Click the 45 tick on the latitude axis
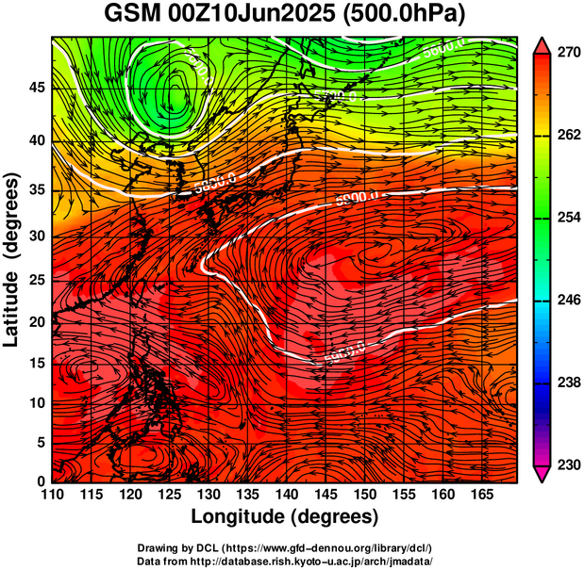[x=34, y=88]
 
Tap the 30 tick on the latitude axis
[x=34, y=235]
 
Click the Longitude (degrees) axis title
[x=285, y=516]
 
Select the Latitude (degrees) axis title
[x=12, y=259]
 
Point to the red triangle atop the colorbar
[x=542, y=43]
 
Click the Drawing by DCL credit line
[x=285, y=548]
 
